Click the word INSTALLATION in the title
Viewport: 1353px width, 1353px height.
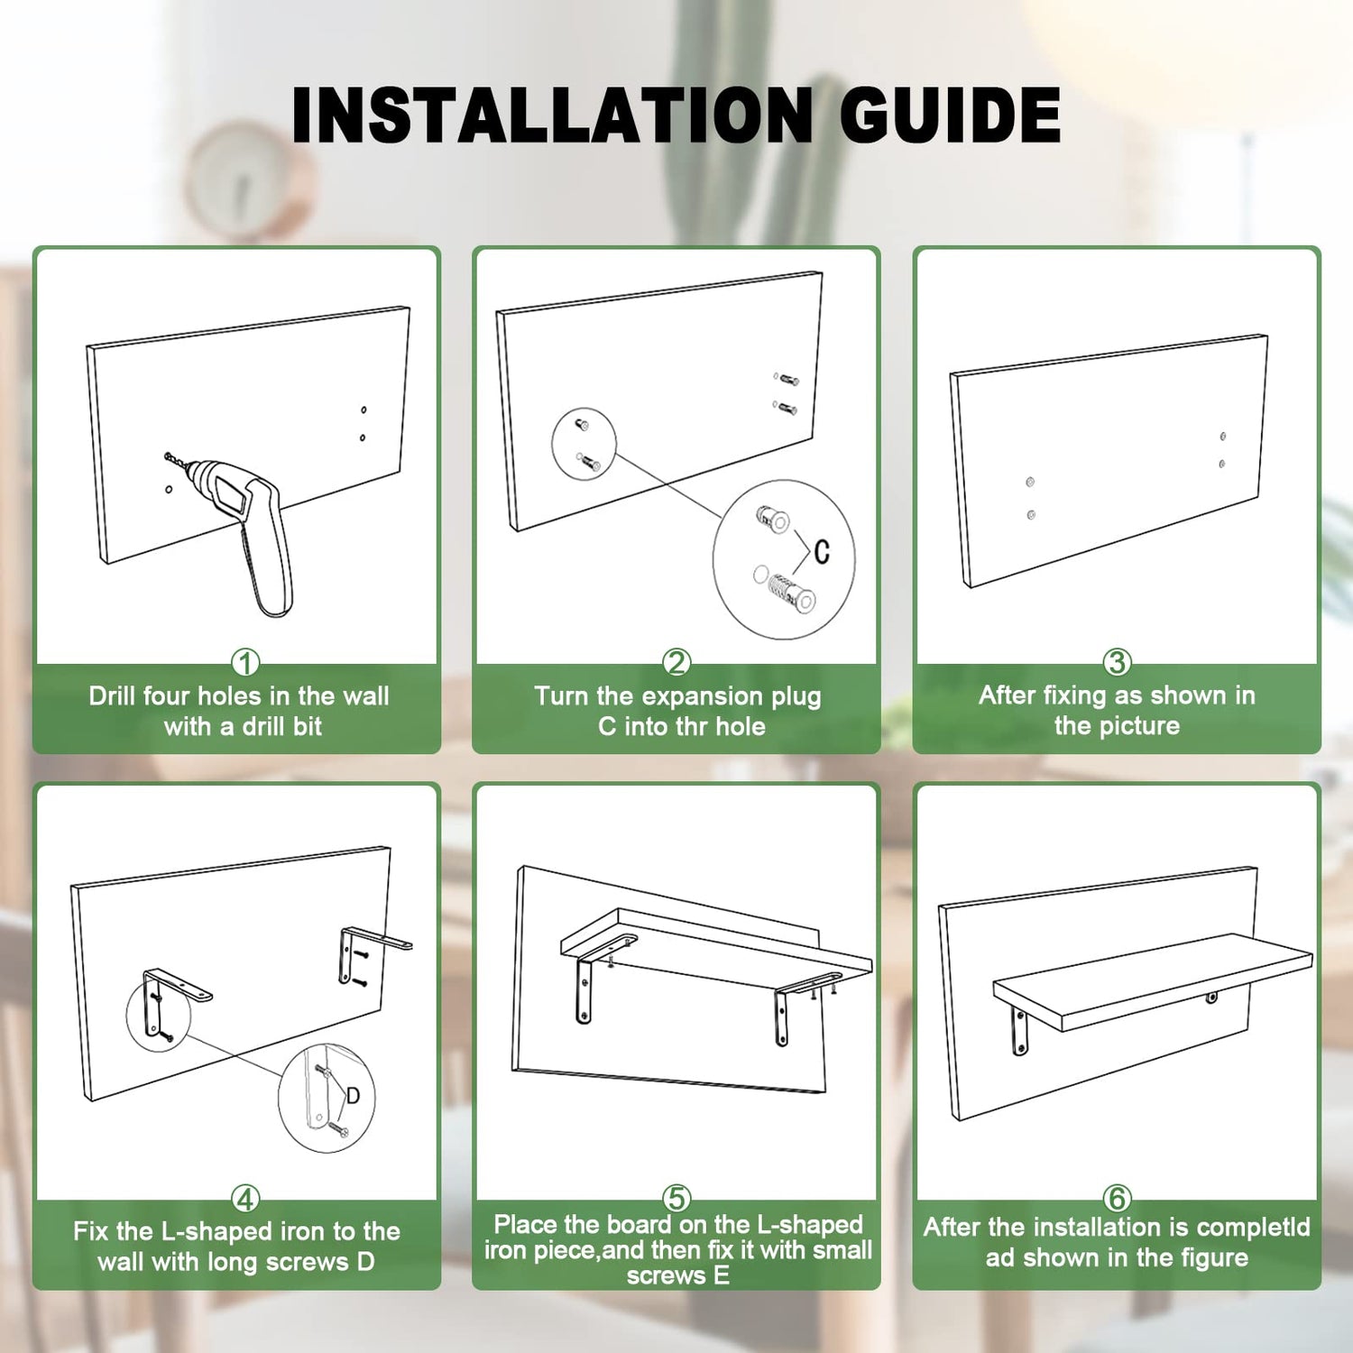coord(552,115)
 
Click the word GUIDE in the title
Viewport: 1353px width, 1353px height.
coord(950,115)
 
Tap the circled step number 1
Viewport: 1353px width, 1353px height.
coord(245,663)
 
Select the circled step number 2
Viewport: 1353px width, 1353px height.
coord(676,663)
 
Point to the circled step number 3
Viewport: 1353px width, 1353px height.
coord(1117,663)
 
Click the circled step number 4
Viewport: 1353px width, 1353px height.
coord(245,1199)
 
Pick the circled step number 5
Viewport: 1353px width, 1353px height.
coord(676,1198)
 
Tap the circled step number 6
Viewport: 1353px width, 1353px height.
coord(1117,1198)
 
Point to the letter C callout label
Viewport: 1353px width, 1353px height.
coord(821,551)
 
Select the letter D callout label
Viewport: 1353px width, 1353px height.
coord(353,1096)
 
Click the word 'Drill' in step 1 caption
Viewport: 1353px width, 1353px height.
coord(112,696)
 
